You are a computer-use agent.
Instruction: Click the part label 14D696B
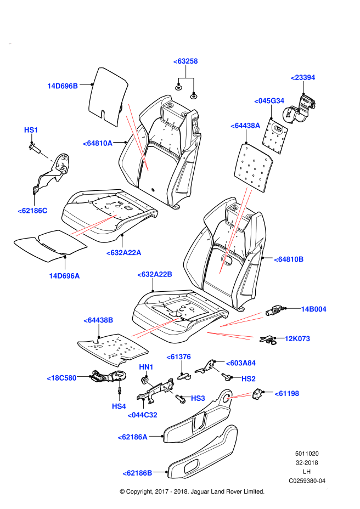click(63, 86)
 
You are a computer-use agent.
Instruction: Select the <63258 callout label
click(185, 61)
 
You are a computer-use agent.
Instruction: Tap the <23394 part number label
click(303, 77)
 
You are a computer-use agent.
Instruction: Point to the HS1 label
click(31, 130)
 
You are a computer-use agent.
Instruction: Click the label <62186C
click(32, 210)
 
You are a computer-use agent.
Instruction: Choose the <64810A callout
click(98, 143)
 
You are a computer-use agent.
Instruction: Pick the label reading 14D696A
click(64, 276)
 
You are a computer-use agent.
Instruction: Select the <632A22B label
click(155, 274)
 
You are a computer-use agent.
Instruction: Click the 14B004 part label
click(313, 309)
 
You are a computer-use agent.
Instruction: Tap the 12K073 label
click(297, 339)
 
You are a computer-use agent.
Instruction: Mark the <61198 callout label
click(287, 393)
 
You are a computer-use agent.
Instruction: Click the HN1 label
click(145, 366)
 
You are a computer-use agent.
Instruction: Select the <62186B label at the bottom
click(137, 472)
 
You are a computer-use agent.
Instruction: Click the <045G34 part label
click(269, 101)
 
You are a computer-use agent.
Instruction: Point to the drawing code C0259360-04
click(307, 480)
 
